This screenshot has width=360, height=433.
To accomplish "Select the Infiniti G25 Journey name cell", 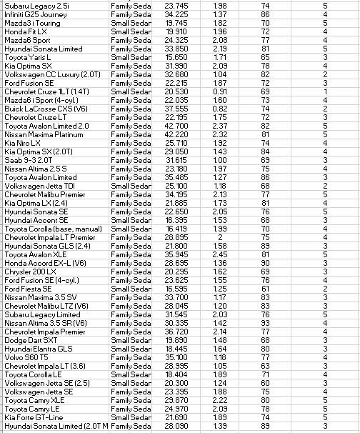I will pyautogui.click(x=36, y=14).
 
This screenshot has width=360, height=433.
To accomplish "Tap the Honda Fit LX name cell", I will pyautogui.click(x=26, y=31).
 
